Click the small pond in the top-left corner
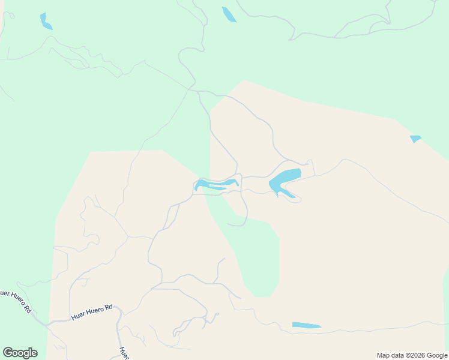click(x=45, y=22)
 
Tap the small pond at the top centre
click(x=229, y=14)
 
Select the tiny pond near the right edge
click(x=415, y=139)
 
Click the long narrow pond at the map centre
click(x=216, y=184)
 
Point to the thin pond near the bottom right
click(x=306, y=326)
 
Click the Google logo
click(x=20, y=353)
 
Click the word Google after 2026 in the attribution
click(x=437, y=355)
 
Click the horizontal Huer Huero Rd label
click(x=92, y=313)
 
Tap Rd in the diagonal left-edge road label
click(x=27, y=310)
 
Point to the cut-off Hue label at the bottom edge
click(x=123, y=353)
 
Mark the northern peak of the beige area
click(x=244, y=80)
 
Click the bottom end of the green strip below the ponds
click(x=262, y=296)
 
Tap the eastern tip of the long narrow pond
click(x=237, y=182)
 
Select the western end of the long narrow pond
click(x=196, y=188)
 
